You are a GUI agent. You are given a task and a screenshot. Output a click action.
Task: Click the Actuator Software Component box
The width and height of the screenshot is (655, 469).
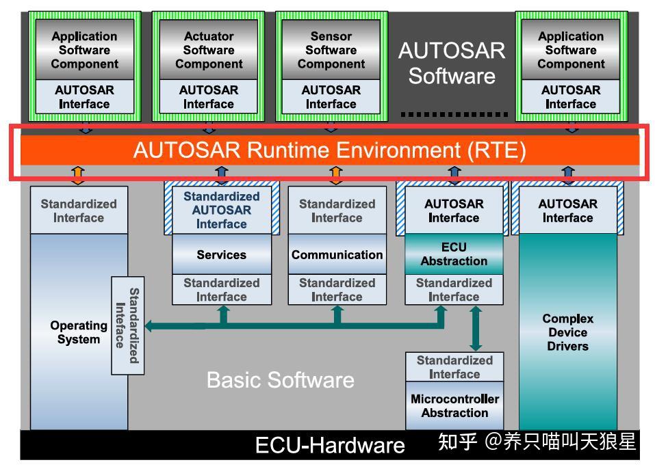tap(209, 50)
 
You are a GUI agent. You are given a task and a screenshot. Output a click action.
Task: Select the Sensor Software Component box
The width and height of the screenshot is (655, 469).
tap(331, 50)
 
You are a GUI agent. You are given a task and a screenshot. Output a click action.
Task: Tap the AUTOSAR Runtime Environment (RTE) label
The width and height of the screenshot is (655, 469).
tap(329, 150)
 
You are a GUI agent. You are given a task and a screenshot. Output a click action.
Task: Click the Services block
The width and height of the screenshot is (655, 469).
tap(221, 254)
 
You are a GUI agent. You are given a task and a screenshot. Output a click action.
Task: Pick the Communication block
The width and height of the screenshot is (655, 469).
tap(337, 254)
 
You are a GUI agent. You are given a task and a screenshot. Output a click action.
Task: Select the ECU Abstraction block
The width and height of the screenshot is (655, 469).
tap(454, 254)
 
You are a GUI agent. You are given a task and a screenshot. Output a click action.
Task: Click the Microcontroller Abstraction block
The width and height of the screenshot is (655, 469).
tap(454, 406)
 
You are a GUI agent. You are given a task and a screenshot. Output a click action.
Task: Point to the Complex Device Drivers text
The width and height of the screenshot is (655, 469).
tap(567, 332)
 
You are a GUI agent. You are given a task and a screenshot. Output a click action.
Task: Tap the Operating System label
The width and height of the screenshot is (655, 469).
tap(79, 332)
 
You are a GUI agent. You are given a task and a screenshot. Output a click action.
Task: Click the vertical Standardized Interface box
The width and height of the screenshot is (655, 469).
tap(127, 325)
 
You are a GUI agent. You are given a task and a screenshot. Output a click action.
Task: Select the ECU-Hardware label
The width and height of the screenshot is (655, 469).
tap(330, 446)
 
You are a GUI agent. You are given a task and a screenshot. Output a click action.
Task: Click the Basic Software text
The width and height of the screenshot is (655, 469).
tap(281, 380)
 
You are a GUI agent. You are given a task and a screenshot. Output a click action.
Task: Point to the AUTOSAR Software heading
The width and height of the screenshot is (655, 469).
tap(452, 63)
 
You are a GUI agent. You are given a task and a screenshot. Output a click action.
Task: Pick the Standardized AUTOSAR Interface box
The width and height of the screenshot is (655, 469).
tap(221, 210)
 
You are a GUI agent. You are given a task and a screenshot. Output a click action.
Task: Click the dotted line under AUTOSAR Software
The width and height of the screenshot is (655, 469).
tap(454, 114)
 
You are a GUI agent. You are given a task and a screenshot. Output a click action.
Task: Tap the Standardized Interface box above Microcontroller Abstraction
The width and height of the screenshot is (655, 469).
tap(454, 367)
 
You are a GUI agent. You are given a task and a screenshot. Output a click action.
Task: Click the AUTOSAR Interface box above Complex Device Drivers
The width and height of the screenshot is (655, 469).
tap(567, 211)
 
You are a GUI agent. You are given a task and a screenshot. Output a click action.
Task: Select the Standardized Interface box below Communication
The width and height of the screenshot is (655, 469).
tap(337, 290)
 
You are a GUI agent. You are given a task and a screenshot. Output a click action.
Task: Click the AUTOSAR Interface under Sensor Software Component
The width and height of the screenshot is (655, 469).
tap(331, 97)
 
